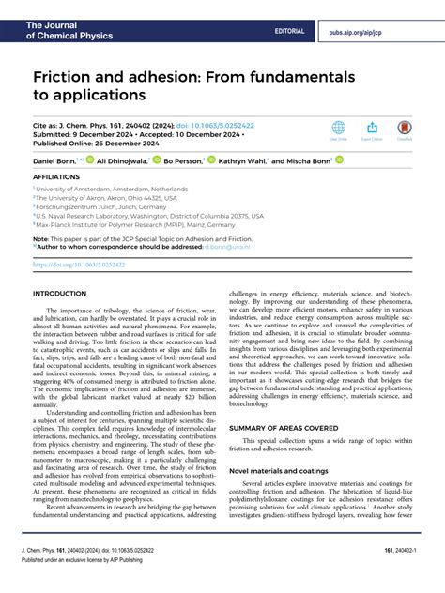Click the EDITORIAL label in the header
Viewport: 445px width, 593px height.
click(x=290, y=31)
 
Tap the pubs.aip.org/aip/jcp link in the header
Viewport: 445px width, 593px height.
click(x=381, y=31)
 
